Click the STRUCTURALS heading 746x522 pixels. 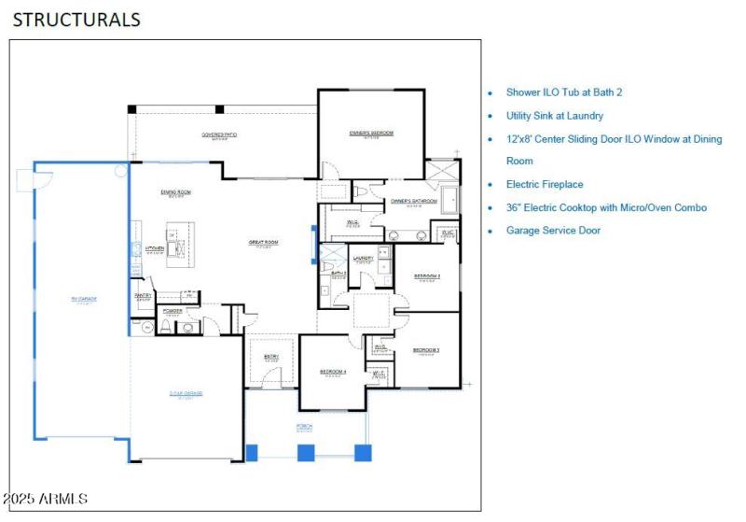tap(76, 19)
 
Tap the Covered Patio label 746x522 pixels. tap(219, 135)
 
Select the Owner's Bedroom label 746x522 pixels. tap(371, 134)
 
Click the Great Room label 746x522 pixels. tap(264, 243)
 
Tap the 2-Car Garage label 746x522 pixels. tap(186, 393)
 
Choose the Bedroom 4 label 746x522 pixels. tap(333, 372)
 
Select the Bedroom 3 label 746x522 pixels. tap(426, 350)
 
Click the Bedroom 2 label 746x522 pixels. tap(426, 276)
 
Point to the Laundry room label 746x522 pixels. tap(363, 259)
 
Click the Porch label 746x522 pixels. tap(305, 426)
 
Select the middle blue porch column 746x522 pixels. tap(305, 453)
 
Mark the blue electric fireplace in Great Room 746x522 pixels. tap(313, 239)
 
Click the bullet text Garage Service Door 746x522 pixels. tap(553, 230)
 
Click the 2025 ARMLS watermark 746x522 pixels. tap(45, 500)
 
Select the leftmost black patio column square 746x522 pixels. tap(132, 109)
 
